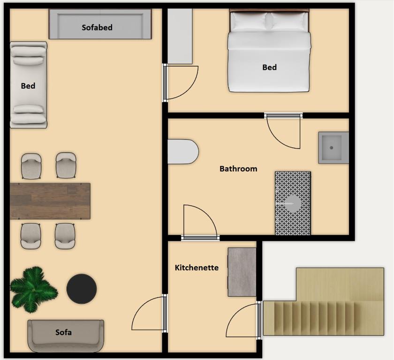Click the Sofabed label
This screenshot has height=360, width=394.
coord(97,27)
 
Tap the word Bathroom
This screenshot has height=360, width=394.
coord(238,169)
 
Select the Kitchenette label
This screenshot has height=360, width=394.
coord(197,268)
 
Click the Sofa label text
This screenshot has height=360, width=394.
coord(63,332)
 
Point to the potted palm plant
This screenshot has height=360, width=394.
coord(32,289)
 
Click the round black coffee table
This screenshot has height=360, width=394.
coord(82,289)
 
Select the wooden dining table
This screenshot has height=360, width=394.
coord(50,201)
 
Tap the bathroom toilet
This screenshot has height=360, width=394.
coord(182,151)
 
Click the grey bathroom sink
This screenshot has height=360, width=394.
coord(333,148)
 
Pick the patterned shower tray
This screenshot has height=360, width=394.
coord(293,203)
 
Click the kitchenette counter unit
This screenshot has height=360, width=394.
coord(242,272)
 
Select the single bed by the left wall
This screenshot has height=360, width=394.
coord(29,84)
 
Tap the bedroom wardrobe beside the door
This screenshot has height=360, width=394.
coord(180,36)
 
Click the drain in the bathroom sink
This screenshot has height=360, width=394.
coord(332,148)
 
